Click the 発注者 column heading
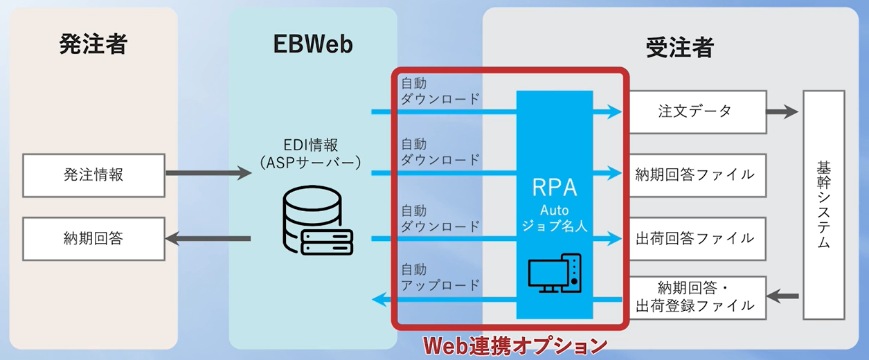tap(93, 45)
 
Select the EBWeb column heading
tap(312, 45)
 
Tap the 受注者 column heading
tap(679, 47)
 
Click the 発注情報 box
tap(93, 175)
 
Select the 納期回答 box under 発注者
tap(93, 239)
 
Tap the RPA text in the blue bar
tap(555, 188)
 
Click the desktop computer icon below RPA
tap(555, 273)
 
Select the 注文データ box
tap(696, 111)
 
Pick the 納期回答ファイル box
tap(696, 175)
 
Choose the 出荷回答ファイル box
tap(696, 239)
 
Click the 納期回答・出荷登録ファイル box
tap(696, 297)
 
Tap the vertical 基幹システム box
tap(823, 205)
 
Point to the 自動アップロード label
tap(440, 278)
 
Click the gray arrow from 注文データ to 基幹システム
tap(782, 111)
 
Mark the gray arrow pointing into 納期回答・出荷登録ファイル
tap(783, 297)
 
